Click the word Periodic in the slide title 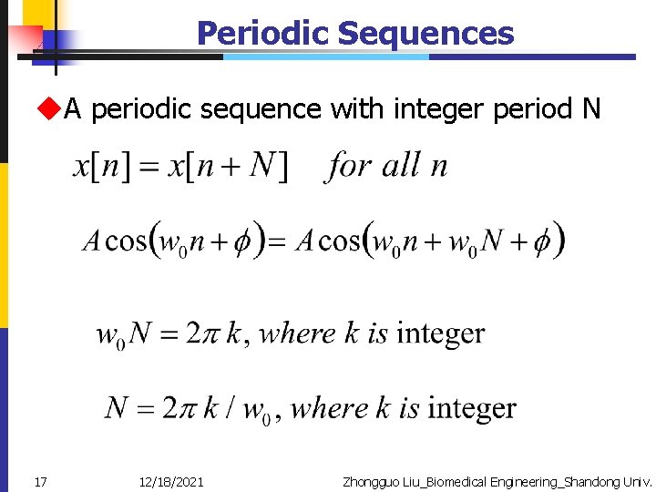(262, 34)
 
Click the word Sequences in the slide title (425, 34)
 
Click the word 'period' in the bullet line (532, 110)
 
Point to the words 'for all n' (387, 166)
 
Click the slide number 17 (40, 480)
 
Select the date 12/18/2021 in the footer (171, 480)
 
